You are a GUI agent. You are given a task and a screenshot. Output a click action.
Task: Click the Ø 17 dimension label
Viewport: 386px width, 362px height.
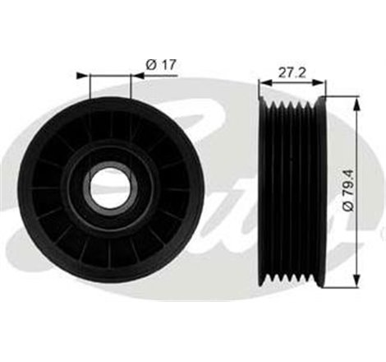[x=160, y=65]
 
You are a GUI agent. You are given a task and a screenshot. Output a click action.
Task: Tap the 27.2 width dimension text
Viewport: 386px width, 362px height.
[x=292, y=73]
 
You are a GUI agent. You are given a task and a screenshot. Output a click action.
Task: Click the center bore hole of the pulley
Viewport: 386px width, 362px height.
[x=110, y=188]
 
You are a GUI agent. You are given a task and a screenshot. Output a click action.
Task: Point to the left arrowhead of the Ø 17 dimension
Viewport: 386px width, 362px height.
[x=83, y=76]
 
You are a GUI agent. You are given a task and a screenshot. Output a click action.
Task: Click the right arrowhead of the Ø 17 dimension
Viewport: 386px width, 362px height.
[x=137, y=76]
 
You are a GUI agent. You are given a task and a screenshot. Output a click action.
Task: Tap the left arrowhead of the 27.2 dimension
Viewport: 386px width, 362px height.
[x=265, y=82]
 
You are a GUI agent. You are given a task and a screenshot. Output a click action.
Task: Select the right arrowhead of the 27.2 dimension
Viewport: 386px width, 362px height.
[x=319, y=82]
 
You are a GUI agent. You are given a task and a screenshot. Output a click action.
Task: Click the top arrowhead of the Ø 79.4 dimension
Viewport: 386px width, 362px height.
[x=356, y=105]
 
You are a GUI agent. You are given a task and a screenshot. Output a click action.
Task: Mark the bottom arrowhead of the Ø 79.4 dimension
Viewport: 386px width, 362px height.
[x=356, y=279]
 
